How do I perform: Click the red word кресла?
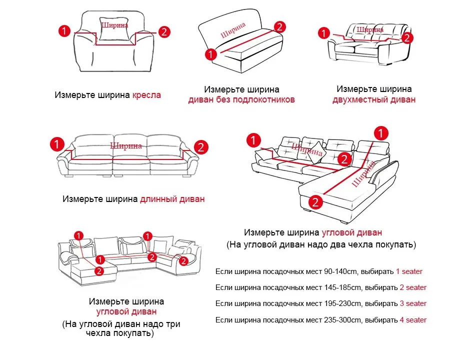click(146, 95)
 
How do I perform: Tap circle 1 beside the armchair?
click(64, 31)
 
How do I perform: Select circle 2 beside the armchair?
click(164, 32)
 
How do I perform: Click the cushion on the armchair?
click(114, 29)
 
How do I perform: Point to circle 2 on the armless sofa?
click(279, 26)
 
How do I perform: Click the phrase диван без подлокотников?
click(241, 99)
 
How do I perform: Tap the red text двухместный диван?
click(374, 99)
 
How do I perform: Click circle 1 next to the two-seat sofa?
click(324, 32)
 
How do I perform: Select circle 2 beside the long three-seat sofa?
click(201, 147)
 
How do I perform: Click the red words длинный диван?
click(172, 199)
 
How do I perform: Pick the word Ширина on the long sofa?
click(126, 146)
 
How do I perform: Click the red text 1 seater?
click(409, 271)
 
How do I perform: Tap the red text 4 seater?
click(413, 319)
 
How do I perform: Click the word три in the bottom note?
click(173, 324)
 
